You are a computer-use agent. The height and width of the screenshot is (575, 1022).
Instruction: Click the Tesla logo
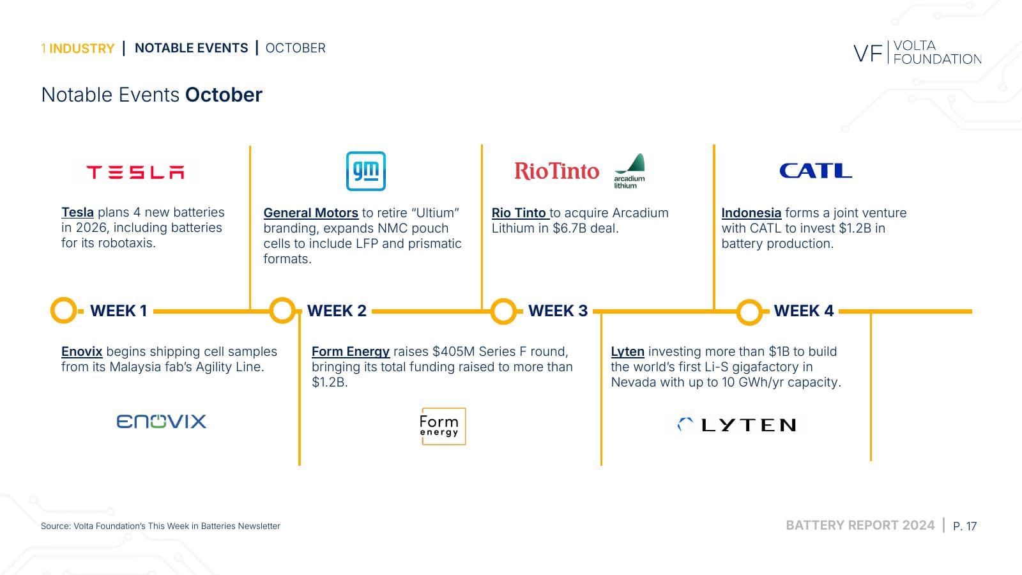pyautogui.click(x=135, y=172)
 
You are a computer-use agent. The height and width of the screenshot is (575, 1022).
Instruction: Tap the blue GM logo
pyautogui.click(x=366, y=171)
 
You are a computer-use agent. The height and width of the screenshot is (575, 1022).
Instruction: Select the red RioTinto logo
pyautogui.click(x=556, y=171)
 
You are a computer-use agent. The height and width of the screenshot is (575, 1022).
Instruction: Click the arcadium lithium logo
pyautogui.click(x=630, y=171)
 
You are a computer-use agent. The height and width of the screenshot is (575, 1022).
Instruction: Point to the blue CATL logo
pyautogui.click(x=816, y=171)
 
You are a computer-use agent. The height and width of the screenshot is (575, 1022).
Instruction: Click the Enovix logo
pyautogui.click(x=162, y=421)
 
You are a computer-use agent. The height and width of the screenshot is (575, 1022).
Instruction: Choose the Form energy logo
pyautogui.click(x=443, y=426)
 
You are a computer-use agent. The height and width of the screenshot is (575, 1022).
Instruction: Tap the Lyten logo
pyautogui.click(x=737, y=425)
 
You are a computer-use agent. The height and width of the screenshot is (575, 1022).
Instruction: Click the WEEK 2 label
pyautogui.click(x=337, y=310)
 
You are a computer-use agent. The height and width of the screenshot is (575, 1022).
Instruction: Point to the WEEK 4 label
pyautogui.click(x=804, y=310)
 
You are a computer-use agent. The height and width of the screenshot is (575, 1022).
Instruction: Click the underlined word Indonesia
pyautogui.click(x=751, y=213)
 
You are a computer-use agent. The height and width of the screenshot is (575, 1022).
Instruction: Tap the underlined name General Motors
pyautogui.click(x=310, y=213)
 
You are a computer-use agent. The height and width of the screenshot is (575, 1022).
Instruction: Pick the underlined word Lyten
pyautogui.click(x=627, y=352)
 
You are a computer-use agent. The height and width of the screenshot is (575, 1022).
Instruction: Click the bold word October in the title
pyautogui.click(x=224, y=95)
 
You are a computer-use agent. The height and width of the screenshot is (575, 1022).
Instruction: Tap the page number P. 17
pyautogui.click(x=965, y=526)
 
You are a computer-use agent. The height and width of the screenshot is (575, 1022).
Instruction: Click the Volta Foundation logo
pyautogui.click(x=917, y=52)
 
